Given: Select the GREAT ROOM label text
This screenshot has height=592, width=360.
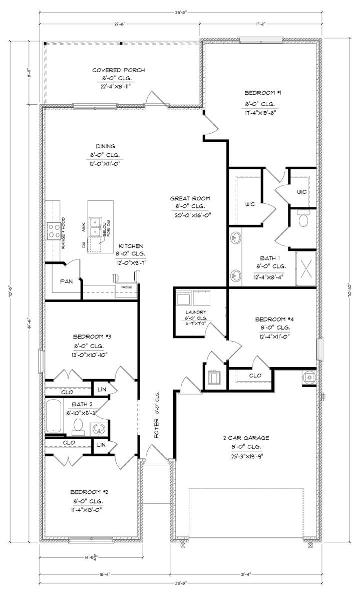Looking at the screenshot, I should tap(190, 198).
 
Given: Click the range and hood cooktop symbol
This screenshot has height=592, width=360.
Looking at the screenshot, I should tap(54, 230).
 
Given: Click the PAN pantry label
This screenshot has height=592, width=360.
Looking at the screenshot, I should tap(67, 281).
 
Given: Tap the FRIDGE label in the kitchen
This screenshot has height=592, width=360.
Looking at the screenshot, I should tap(123, 287).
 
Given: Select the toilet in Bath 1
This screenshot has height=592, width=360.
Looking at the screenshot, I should tap(303, 219).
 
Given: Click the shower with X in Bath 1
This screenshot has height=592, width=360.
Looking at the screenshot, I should tap(306, 268).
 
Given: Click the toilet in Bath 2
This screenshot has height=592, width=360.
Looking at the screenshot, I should tap(78, 426).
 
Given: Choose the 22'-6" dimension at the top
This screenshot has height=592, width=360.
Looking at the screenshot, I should tap(119, 23).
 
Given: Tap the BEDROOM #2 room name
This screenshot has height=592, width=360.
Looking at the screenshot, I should tap(88, 491).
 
